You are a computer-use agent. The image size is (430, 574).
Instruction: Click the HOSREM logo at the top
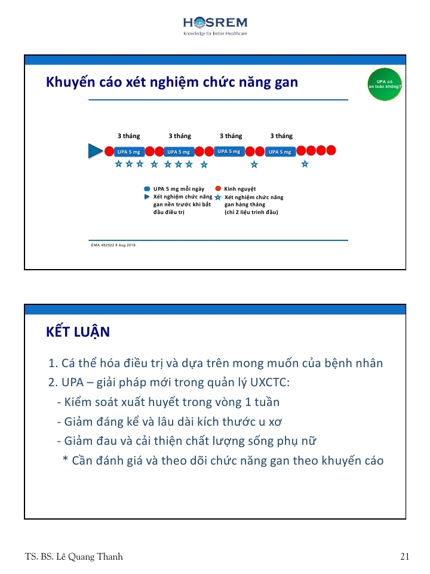(x=215, y=25)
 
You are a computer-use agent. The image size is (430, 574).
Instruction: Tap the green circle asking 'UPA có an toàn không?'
(x=385, y=84)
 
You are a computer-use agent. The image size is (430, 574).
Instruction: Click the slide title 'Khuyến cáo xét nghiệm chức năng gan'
(x=172, y=82)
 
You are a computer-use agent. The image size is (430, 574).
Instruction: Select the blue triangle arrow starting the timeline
(x=95, y=151)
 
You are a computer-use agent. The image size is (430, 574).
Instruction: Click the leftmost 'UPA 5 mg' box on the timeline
(x=128, y=151)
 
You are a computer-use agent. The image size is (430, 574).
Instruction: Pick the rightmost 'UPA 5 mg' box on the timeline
(x=280, y=151)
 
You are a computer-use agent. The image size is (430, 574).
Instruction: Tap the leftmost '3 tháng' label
(x=128, y=136)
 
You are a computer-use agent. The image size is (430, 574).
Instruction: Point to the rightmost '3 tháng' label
(x=281, y=136)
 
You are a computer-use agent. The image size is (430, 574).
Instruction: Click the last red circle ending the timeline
(x=331, y=150)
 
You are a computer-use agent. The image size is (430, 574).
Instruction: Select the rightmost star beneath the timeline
(x=305, y=164)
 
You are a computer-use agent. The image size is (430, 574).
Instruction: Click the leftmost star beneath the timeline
(x=118, y=163)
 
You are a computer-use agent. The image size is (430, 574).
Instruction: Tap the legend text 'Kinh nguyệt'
(x=240, y=189)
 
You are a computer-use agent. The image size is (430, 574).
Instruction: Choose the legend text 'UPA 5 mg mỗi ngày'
(x=179, y=189)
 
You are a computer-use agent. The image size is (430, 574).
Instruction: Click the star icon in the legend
(x=218, y=197)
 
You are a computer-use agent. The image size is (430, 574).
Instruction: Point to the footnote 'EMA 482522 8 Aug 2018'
(x=113, y=245)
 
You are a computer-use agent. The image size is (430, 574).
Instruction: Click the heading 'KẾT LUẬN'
(x=78, y=332)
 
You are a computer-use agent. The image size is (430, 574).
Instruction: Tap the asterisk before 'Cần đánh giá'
(x=66, y=460)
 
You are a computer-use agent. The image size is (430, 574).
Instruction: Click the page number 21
(x=405, y=557)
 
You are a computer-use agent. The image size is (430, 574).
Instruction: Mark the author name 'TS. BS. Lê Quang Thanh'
(x=74, y=557)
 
